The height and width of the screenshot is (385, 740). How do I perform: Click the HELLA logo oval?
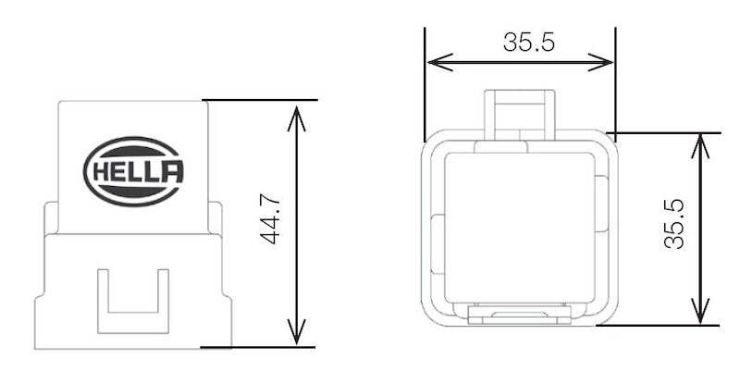click(x=134, y=171)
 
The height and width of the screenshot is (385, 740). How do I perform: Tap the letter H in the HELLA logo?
click(x=98, y=172)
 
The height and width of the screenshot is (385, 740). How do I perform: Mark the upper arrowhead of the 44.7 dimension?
click(x=295, y=111)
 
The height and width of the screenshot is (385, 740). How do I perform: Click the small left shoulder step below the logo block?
click(x=51, y=218)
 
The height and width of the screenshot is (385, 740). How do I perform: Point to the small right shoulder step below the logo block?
click(x=216, y=218)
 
